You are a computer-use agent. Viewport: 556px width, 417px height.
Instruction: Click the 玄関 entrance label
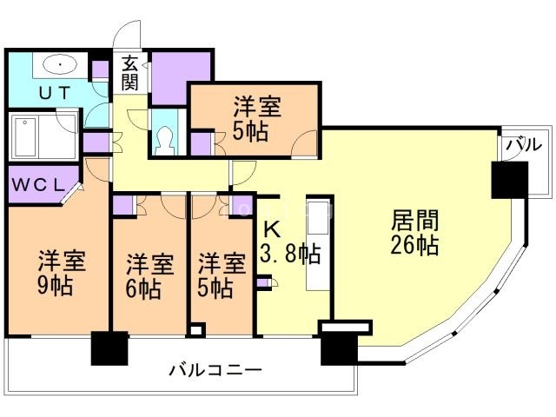pos(130,73)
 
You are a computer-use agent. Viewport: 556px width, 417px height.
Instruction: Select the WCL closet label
pos(37,185)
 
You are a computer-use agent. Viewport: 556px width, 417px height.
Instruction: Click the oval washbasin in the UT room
pos(58,63)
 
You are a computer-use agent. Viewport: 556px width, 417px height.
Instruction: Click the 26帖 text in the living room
pos(415,244)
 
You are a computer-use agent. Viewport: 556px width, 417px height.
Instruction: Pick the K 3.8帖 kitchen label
pos(289,244)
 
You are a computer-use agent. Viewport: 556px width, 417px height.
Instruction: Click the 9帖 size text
pos(55,285)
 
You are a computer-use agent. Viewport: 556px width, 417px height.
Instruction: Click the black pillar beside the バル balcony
pos(508,181)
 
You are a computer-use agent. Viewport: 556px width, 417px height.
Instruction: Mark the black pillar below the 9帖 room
pos(109,348)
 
